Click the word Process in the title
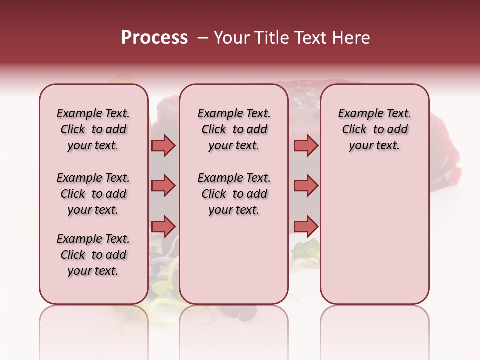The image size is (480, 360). coord(154,38)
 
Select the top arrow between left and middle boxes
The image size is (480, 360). coord(163,146)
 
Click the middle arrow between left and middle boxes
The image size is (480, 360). coord(163,186)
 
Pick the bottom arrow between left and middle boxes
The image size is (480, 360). coord(163,226)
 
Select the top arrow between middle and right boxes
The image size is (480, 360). coord(306,146)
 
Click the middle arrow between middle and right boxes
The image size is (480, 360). coord(306,186)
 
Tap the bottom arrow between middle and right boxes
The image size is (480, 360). coord(306,226)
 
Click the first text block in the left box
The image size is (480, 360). coord(93,129)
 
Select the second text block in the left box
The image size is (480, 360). coord(93,194)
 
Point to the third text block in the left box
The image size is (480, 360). coord(93,255)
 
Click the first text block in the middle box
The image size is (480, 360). coord(234,129)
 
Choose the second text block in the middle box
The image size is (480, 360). coord(234,194)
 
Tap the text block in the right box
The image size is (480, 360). coord(374,129)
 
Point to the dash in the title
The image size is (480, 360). coord(202,38)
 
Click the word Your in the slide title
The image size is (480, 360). coord(230,38)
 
